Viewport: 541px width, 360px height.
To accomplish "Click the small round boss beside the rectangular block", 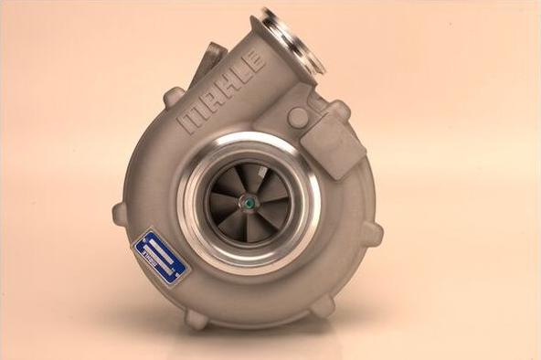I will pyautogui.click(x=298, y=118).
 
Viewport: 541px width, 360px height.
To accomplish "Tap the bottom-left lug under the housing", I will pyautogui.click(x=196, y=319).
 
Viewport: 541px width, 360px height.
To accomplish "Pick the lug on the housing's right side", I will pyautogui.click(x=372, y=234).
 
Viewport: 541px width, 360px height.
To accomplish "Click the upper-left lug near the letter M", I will pyautogui.click(x=174, y=96).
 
